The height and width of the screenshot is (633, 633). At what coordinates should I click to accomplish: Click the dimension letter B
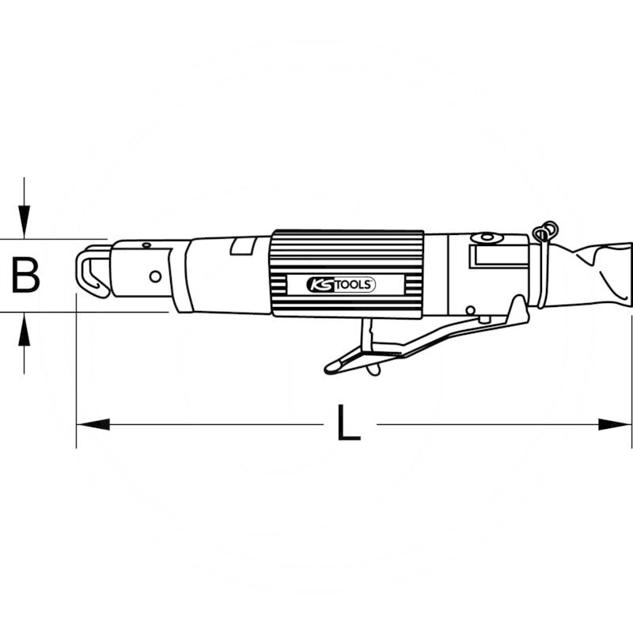[25, 276]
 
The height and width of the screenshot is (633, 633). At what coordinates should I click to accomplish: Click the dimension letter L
[348, 424]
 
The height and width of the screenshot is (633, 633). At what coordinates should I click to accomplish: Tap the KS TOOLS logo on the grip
[341, 285]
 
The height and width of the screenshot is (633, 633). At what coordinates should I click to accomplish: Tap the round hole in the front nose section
[155, 276]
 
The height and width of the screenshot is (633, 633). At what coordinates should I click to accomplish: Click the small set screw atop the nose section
[146, 244]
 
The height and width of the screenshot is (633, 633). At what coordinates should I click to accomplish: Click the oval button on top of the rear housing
[486, 237]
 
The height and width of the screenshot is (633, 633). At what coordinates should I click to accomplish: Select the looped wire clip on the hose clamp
[545, 232]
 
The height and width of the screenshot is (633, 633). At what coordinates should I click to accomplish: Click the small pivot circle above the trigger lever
[470, 310]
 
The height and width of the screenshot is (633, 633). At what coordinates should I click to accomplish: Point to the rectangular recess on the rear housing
[498, 256]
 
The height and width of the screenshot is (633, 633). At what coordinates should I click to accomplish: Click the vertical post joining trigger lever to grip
[366, 335]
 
